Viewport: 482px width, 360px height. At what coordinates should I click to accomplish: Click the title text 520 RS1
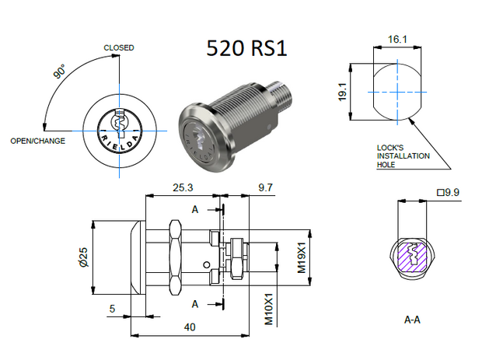tap(246, 48)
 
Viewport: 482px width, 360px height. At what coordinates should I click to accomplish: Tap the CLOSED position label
tap(119, 48)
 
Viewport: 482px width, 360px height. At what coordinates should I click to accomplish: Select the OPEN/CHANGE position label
tap(37, 141)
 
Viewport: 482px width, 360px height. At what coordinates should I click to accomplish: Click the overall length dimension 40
tap(189, 327)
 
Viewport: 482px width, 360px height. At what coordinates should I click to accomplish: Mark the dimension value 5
tap(113, 308)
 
